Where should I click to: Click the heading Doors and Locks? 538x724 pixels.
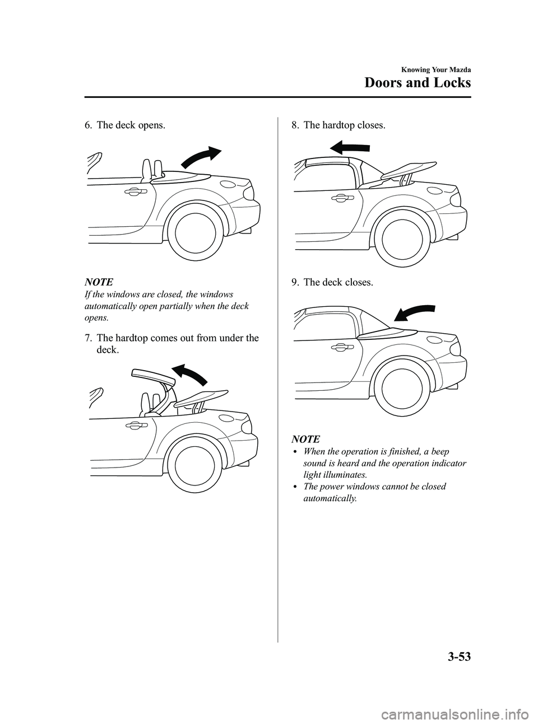click(x=417, y=83)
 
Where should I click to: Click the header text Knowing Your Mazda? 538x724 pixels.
click(x=434, y=69)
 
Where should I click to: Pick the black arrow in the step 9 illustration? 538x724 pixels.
click(x=415, y=314)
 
